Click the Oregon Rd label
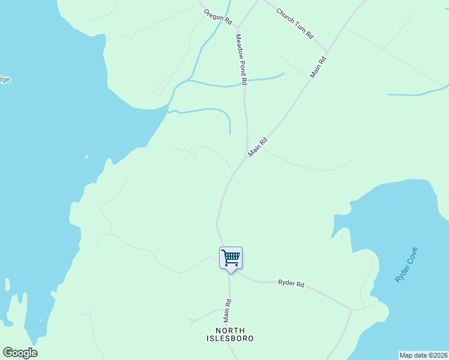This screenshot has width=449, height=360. click(x=217, y=16)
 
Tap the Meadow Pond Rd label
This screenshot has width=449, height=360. click(x=241, y=59)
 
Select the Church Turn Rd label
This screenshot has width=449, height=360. click(x=295, y=23)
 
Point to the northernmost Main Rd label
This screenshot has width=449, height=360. click(x=318, y=67)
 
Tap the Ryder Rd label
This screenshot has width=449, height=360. click(x=292, y=283)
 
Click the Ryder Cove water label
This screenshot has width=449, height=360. click(x=406, y=265)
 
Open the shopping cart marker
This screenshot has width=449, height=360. click(x=231, y=259)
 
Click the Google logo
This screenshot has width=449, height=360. click(x=20, y=352)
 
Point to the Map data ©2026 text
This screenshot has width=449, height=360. click(x=423, y=355)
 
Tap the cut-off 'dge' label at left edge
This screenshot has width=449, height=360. click(x=5, y=80)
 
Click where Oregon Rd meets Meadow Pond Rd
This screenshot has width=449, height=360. click(x=238, y=27)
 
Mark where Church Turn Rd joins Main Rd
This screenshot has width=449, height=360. click(x=328, y=52)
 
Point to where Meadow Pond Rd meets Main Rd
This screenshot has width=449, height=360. click(x=247, y=157)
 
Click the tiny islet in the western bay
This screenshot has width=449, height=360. click(x=86, y=157)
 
